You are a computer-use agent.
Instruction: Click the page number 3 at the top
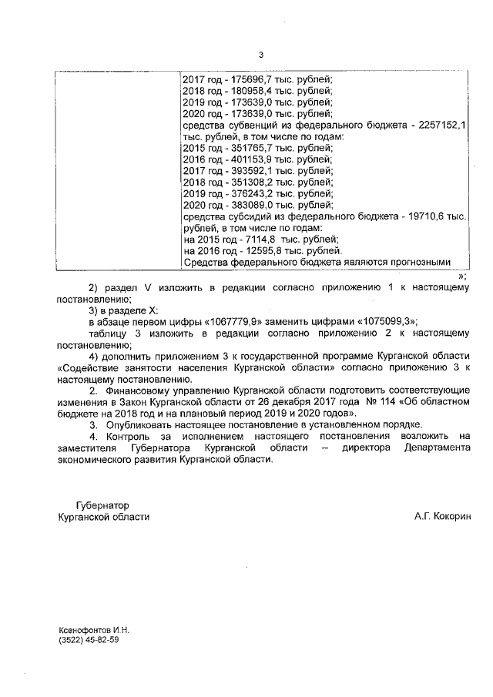260,54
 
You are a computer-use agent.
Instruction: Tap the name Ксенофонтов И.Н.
94,629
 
